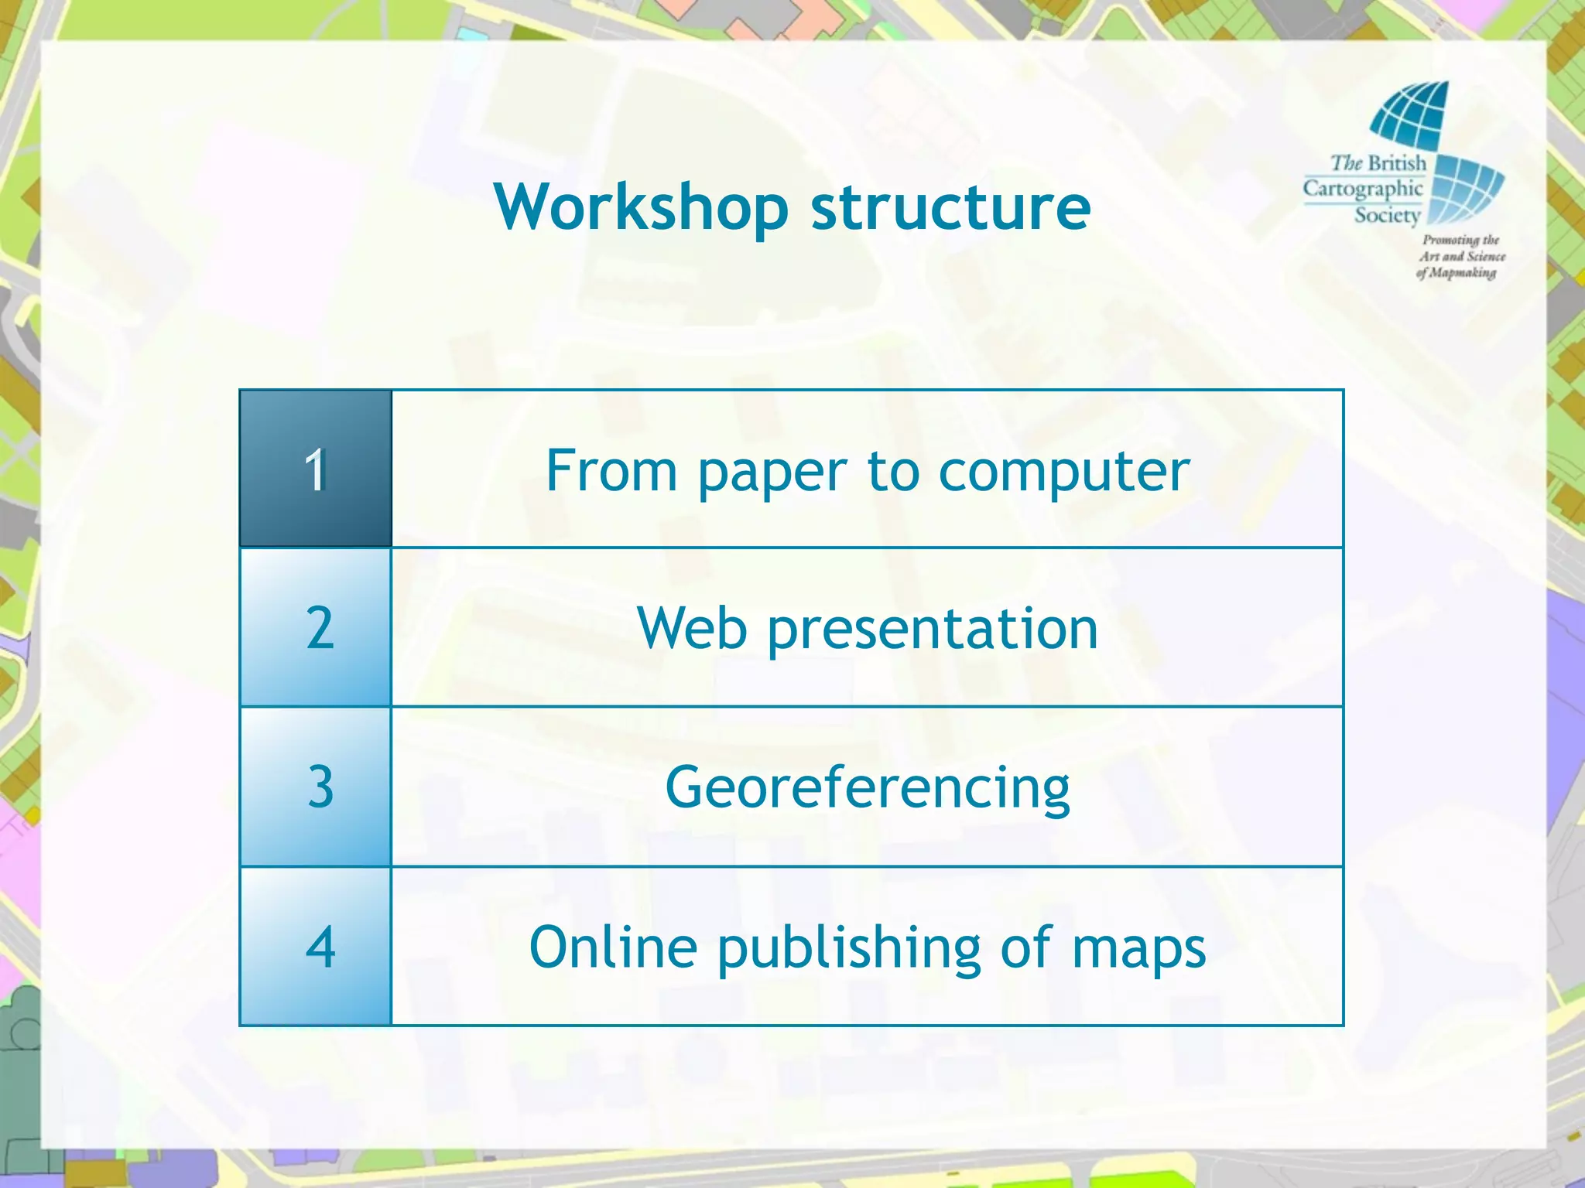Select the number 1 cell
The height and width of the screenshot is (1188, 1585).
pyautogui.click(x=316, y=469)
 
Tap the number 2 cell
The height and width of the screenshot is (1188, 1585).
pyautogui.click(x=316, y=627)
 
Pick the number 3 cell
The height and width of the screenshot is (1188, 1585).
pyautogui.click(x=316, y=787)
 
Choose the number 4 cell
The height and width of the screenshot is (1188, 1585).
pyautogui.click(x=316, y=947)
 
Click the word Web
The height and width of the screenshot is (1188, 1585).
pyautogui.click(x=692, y=628)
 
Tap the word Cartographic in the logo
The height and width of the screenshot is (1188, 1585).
pyautogui.click(x=1363, y=189)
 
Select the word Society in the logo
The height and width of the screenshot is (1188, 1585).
pyautogui.click(x=1388, y=215)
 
